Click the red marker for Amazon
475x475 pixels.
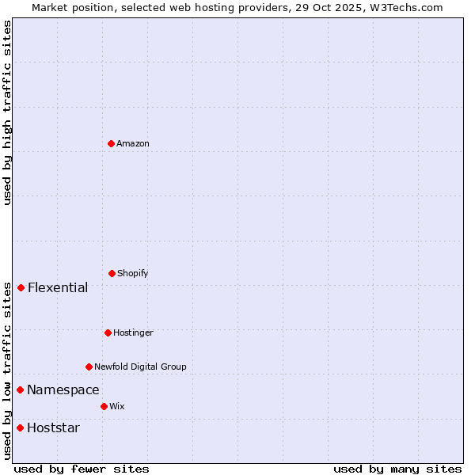pyautogui.click(x=111, y=143)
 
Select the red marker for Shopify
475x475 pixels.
pyautogui.click(x=112, y=273)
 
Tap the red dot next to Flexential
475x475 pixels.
pyautogui.click(x=21, y=287)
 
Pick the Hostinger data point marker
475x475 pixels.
pyautogui.click(x=108, y=332)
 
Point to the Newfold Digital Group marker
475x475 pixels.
pyautogui.click(x=89, y=367)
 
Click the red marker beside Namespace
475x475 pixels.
pyautogui.click(x=20, y=389)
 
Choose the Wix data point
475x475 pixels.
pyautogui.click(x=104, y=406)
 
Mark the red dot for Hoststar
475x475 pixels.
pyautogui.click(x=20, y=427)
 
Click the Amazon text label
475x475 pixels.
pyautogui.click(x=133, y=143)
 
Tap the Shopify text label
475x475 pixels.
pyautogui.click(x=133, y=273)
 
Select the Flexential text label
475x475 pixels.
pyautogui.click(x=58, y=287)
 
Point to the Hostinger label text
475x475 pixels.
pyautogui.click(x=133, y=332)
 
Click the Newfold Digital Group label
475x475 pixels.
pyautogui.click(x=140, y=367)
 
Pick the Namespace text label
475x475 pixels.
pyautogui.click(x=63, y=389)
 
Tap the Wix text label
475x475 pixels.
pyautogui.click(x=117, y=406)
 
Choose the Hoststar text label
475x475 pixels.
pyautogui.click(x=53, y=427)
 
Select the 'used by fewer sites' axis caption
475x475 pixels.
pyautogui.click(x=82, y=469)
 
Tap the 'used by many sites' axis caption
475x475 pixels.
pyautogui.click(x=397, y=469)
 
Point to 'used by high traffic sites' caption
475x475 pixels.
pyautogui.click(x=7, y=112)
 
